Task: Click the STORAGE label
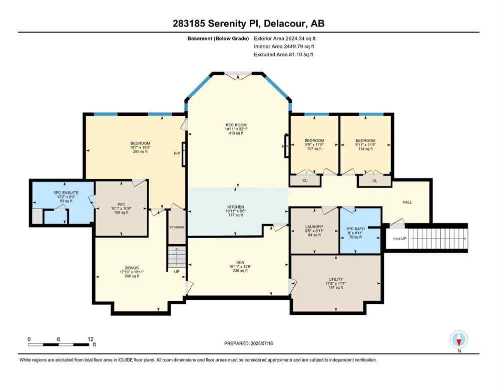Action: tap(177, 227)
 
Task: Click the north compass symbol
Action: tap(458, 340)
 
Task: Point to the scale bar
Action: tap(60, 344)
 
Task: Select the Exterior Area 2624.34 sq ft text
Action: tap(285, 38)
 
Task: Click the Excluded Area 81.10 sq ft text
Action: tap(284, 54)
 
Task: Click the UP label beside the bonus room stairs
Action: tap(177, 272)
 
